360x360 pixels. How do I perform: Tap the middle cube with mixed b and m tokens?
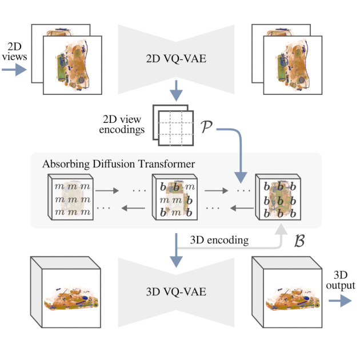click(x=174, y=198)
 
